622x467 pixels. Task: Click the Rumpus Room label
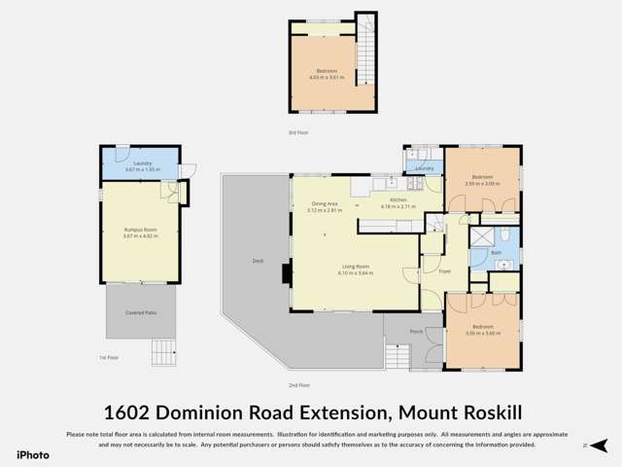140,230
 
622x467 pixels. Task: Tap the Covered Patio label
140,312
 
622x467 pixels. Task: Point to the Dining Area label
323,203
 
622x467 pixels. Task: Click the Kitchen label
398,199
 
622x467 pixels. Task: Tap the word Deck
258,261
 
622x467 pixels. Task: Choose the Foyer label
445,271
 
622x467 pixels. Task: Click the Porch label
416,332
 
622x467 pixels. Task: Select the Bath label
496,252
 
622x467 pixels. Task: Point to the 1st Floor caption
108,357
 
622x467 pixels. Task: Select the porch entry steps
397,355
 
